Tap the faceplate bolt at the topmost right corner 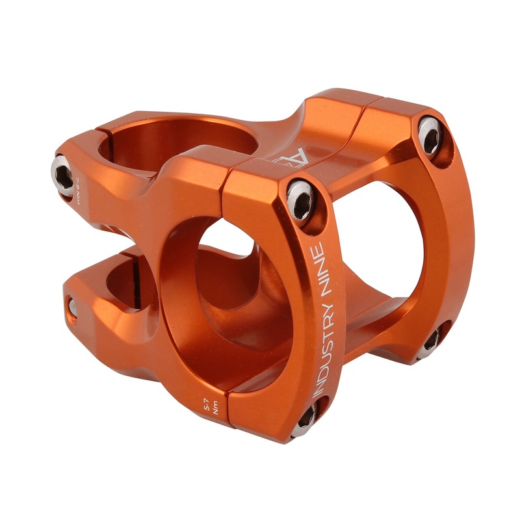430,134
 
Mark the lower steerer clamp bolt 72,307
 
